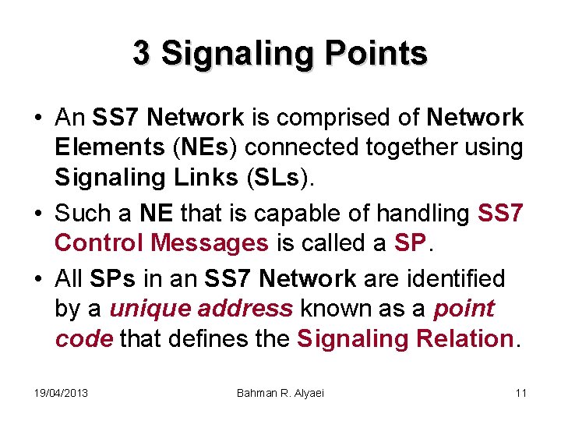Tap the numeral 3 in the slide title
coord(141,53)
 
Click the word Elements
coord(101,148)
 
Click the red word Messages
coord(210,242)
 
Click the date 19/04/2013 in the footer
coord(61,393)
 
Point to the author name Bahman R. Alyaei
coord(280,393)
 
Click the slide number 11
coord(520,393)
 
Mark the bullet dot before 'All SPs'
coord(37,278)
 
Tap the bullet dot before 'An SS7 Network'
coord(37,119)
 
